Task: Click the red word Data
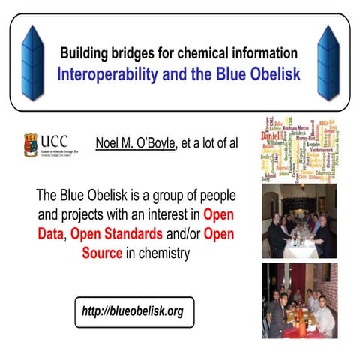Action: (51, 234)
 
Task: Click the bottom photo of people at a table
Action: (299, 301)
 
